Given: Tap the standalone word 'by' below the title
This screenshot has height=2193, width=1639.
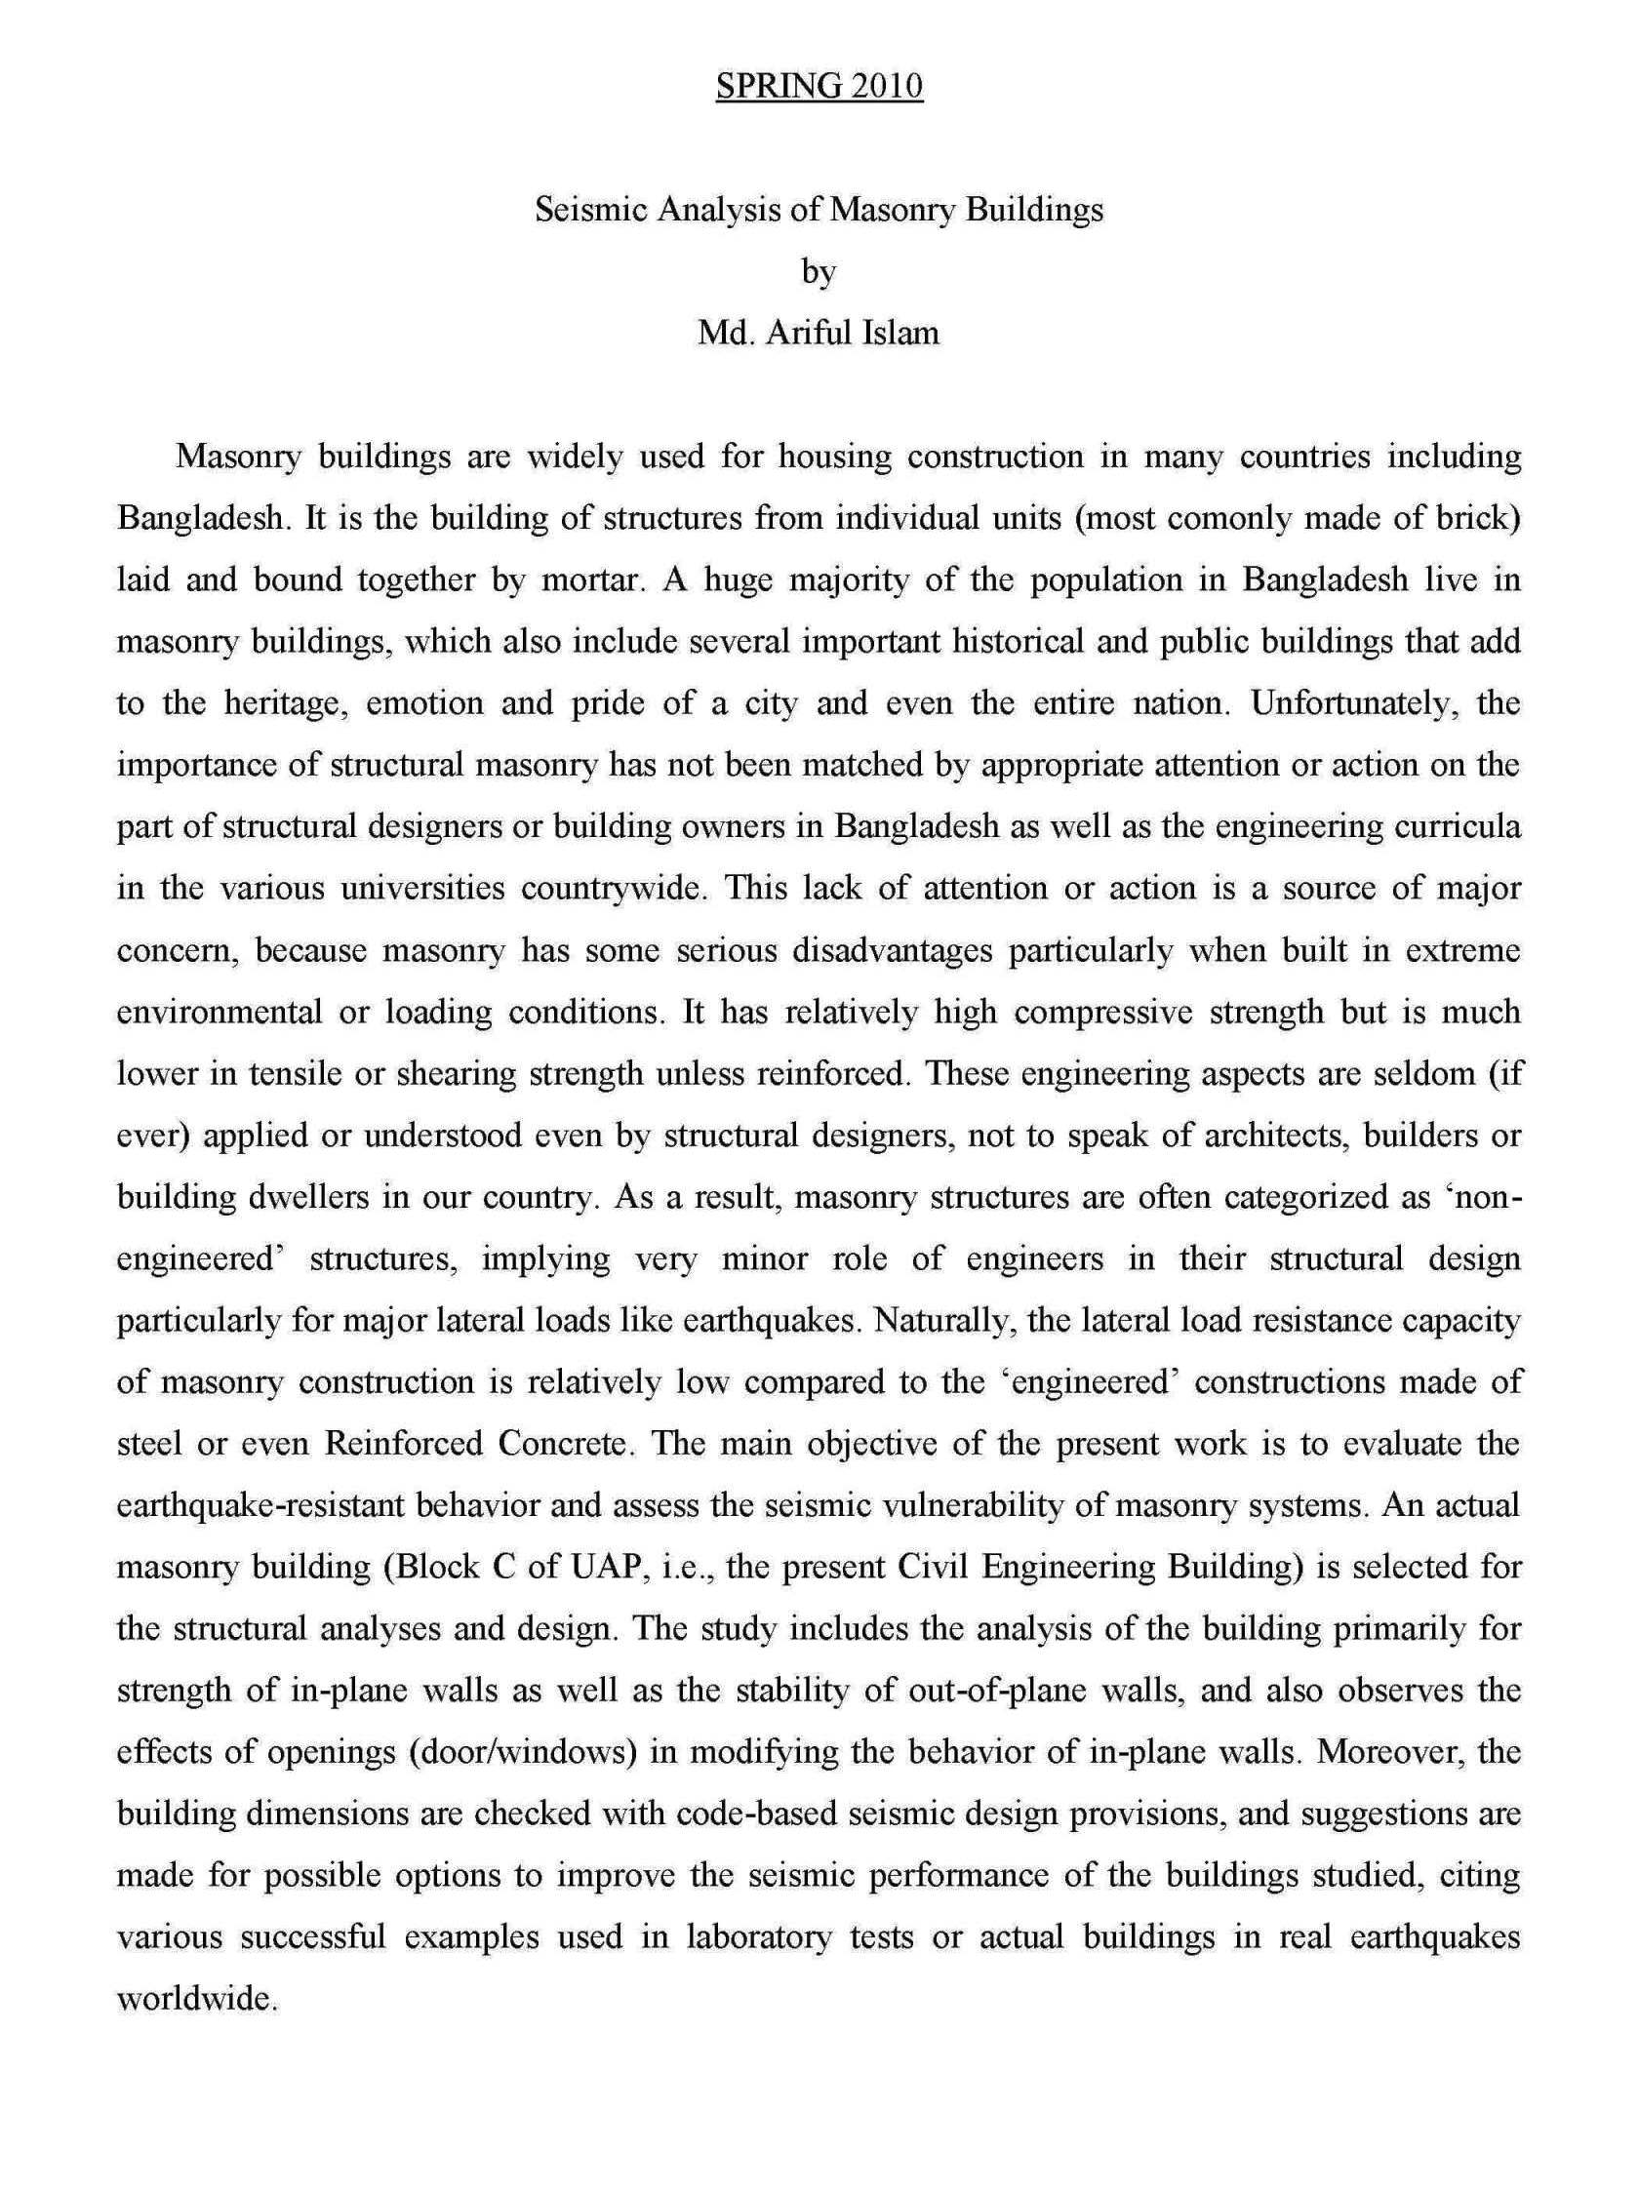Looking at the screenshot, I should point(819,270).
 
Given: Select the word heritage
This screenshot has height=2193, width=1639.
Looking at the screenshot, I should point(280,703).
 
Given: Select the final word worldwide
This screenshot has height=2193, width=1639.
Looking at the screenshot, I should point(195,1999).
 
